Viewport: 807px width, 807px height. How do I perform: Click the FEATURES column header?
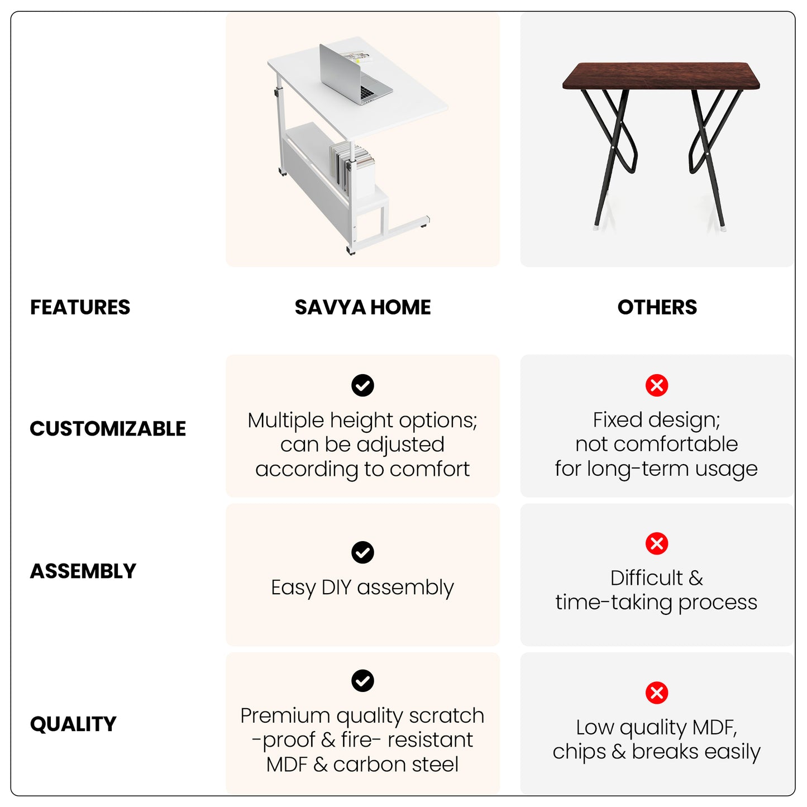tap(80, 307)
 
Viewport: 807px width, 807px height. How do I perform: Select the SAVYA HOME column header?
tap(362, 307)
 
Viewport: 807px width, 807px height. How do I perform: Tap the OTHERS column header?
tap(657, 307)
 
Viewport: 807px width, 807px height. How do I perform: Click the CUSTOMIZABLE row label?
tap(108, 428)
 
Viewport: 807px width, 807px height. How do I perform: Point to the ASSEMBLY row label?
tap(83, 571)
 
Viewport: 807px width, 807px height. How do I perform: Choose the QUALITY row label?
tap(73, 724)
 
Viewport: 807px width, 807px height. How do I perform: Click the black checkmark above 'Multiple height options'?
tap(362, 385)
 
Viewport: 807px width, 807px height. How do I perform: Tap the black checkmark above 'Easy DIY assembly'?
tap(362, 552)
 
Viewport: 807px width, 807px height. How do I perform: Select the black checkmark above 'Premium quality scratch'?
tap(362, 681)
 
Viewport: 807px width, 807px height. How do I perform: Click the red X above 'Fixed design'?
tap(657, 385)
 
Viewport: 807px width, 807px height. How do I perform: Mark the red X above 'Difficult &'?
tap(657, 543)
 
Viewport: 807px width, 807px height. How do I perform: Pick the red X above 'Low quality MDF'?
tap(657, 693)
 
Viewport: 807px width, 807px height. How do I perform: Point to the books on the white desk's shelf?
tap(351, 168)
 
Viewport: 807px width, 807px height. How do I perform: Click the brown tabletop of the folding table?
tap(661, 76)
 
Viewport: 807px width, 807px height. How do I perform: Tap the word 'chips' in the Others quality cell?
tap(579, 753)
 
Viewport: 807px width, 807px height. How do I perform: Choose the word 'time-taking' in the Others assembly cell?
tap(614, 602)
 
